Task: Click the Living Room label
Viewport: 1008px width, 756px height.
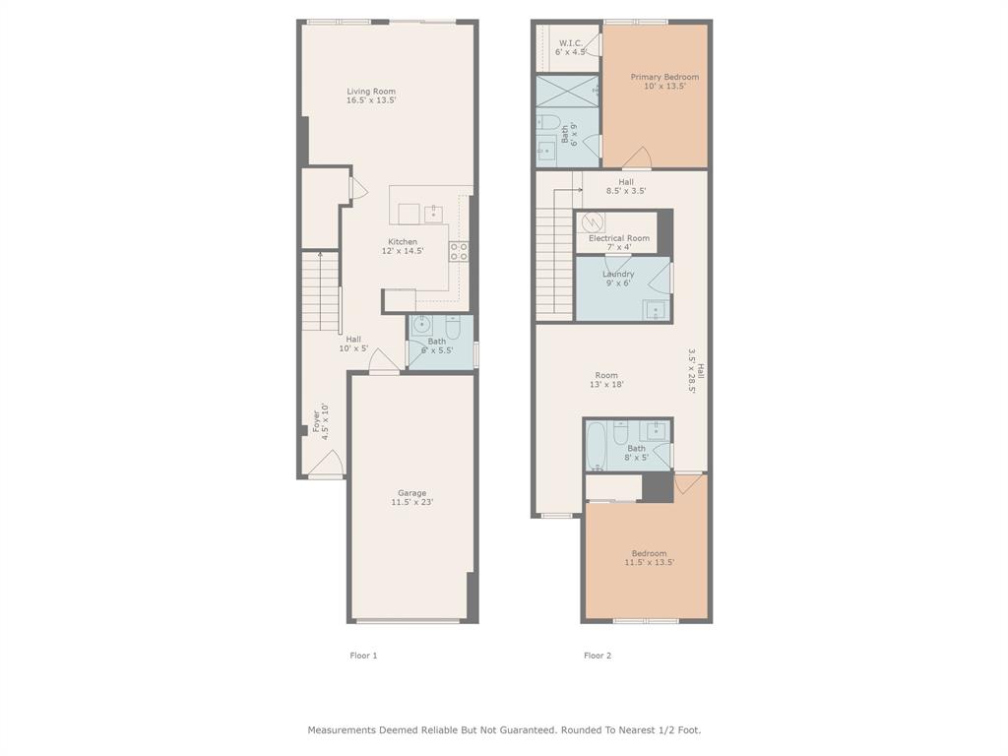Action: click(x=371, y=92)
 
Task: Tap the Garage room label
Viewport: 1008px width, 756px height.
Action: click(x=412, y=493)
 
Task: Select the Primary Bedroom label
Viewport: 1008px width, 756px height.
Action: click(x=664, y=77)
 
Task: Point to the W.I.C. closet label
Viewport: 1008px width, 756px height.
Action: click(x=571, y=43)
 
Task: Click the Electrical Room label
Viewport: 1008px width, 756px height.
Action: click(x=619, y=238)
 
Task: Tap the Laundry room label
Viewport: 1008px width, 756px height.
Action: click(x=618, y=274)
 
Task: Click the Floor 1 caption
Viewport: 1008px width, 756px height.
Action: click(x=363, y=655)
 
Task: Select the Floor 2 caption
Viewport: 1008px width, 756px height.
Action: click(x=598, y=655)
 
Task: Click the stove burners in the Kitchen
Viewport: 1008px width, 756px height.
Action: click(x=459, y=251)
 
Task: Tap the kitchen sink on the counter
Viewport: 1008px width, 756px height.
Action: click(x=433, y=214)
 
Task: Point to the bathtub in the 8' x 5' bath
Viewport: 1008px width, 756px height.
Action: click(x=596, y=446)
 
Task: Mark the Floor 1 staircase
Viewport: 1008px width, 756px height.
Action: click(x=320, y=291)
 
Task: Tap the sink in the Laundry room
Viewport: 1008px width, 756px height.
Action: click(x=655, y=310)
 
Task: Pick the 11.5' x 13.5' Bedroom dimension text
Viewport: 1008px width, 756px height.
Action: click(x=650, y=562)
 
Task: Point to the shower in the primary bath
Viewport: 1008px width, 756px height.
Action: click(x=568, y=92)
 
